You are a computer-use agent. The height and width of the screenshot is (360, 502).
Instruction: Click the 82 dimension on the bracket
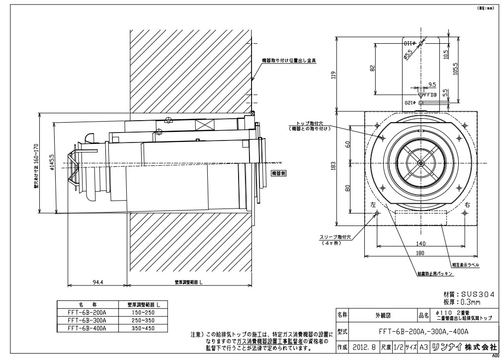pyautogui.click(x=372, y=69)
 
